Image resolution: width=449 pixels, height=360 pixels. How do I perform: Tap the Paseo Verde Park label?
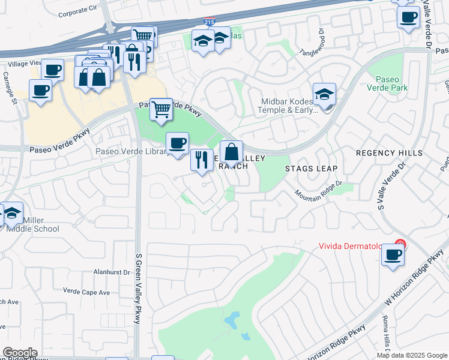[391, 83]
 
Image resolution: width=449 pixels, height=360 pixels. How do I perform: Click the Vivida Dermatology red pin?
[400, 245]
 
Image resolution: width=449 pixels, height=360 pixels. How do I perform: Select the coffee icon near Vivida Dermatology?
[393, 254]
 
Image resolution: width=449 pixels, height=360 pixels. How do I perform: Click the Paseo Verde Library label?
[132, 151]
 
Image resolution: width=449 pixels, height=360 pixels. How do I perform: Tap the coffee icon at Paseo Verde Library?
[177, 143]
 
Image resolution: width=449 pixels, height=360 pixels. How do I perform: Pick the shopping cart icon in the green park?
[161, 110]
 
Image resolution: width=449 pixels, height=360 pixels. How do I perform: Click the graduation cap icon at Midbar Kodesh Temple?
[324, 94]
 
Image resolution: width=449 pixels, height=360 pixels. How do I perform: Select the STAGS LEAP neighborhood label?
[311, 169]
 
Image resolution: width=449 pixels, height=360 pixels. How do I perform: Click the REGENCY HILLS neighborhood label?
[389, 153]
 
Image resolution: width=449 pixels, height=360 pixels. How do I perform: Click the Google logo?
[20, 353]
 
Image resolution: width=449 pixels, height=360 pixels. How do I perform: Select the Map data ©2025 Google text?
[411, 355]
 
